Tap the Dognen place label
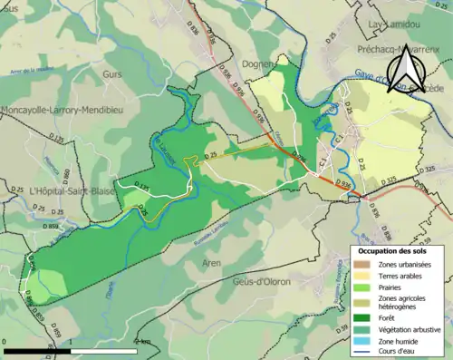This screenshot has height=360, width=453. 259,63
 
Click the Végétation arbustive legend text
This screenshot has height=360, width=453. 408,329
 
